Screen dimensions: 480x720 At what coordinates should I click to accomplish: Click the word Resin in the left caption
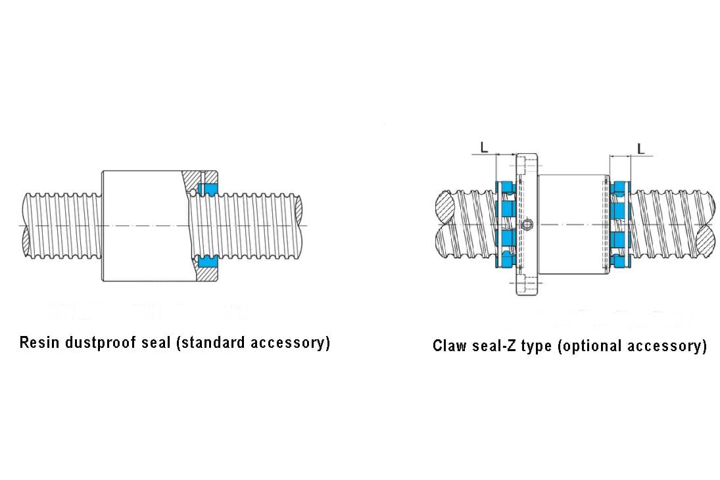click(x=38, y=343)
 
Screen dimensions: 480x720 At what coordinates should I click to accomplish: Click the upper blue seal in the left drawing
click(x=210, y=189)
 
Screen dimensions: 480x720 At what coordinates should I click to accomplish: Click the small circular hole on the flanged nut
click(x=528, y=226)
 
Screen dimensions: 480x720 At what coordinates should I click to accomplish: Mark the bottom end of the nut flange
click(x=527, y=291)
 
